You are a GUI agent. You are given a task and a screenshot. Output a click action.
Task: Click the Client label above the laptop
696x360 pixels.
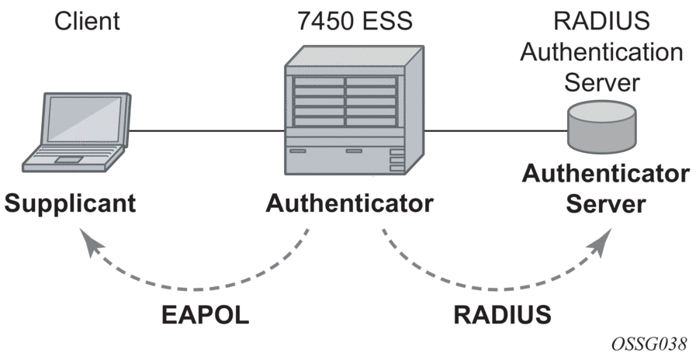coord(88,22)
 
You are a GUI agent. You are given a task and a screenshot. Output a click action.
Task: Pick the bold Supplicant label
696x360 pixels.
coord(70,203)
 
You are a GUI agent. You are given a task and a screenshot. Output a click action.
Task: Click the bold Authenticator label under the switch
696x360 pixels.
coord(349,203)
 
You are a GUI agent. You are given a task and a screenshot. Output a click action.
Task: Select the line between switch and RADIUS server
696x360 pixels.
coord(497,131)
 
